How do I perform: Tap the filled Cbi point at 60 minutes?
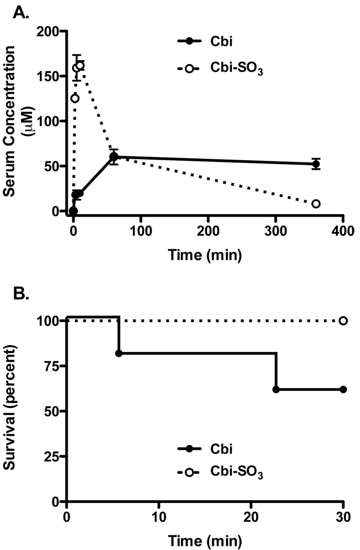[x=114, y=157]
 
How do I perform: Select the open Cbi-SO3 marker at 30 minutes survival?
[x=343, y=321]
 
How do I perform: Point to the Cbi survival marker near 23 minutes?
[x=276, y=390]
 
